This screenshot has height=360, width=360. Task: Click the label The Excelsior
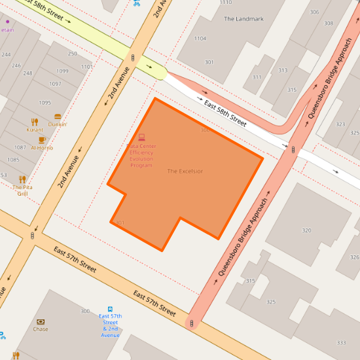tap(185, 171)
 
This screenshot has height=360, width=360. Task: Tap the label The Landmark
tap(243, 19)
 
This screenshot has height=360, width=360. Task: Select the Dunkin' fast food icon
tap(58, 117)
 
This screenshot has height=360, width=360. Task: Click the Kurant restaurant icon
tap(35, 122)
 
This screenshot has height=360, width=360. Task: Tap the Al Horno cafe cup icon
tap(42, 139)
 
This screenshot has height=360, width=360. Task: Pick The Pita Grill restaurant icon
tap(22, 179)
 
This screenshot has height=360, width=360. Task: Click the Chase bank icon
tap(41, 321)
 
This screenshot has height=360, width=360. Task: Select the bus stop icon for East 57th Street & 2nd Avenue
tap(110, 309)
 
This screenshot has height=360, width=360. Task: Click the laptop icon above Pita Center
tap(141, 137)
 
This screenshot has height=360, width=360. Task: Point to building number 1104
tap(200, 39)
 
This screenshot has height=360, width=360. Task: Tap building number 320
tap(306, 230)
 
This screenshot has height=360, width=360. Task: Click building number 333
tap(341, 342)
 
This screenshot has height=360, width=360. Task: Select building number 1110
tap(226, 3)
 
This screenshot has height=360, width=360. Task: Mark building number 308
tap(328, 23)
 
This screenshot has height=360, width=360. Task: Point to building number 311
tap(257, 77)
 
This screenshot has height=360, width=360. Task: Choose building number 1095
tap(45, 103)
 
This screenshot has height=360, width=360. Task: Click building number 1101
tap(86, 67)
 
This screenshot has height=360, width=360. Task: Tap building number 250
tap(72, 54)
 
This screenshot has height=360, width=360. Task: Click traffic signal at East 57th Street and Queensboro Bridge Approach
tap(190, 323)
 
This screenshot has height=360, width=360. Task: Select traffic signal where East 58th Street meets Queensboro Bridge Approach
tap(293, 149)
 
